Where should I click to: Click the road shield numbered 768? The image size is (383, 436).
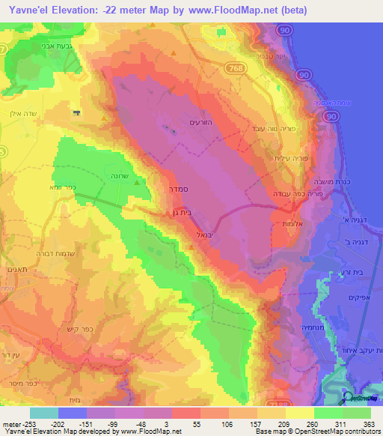(233, 67)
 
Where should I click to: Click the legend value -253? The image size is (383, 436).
(21, 424)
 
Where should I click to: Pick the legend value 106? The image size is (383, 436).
(224, 424)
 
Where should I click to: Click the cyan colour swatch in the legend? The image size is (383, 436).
(43, 413)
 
